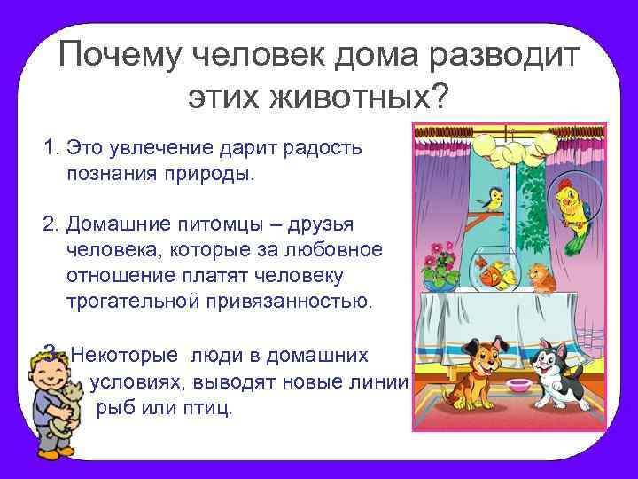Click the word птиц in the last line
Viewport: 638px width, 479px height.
210,410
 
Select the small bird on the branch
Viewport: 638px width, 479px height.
494,197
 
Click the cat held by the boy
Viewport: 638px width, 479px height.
61,417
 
